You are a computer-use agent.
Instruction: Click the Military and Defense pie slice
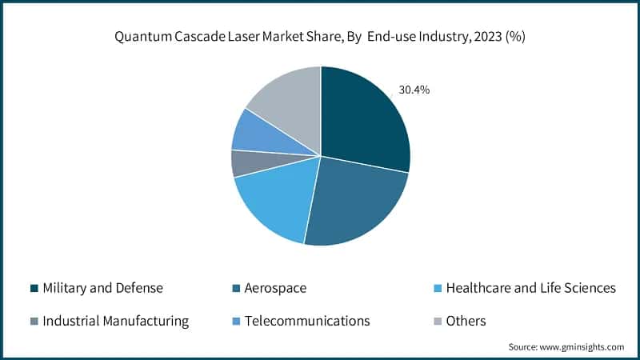[364, 116]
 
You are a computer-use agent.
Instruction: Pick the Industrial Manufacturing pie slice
[240, 162]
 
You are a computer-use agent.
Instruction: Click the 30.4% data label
[414, 90]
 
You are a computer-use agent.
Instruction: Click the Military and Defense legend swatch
[34, 288]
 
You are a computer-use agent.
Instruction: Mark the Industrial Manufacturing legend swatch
[34, 322]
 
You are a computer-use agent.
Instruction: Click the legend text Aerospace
[276, 288]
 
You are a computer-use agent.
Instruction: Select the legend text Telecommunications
[307, 322]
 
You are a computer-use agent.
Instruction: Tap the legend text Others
[466, 322]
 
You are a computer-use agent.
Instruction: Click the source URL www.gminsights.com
[581, 346]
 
